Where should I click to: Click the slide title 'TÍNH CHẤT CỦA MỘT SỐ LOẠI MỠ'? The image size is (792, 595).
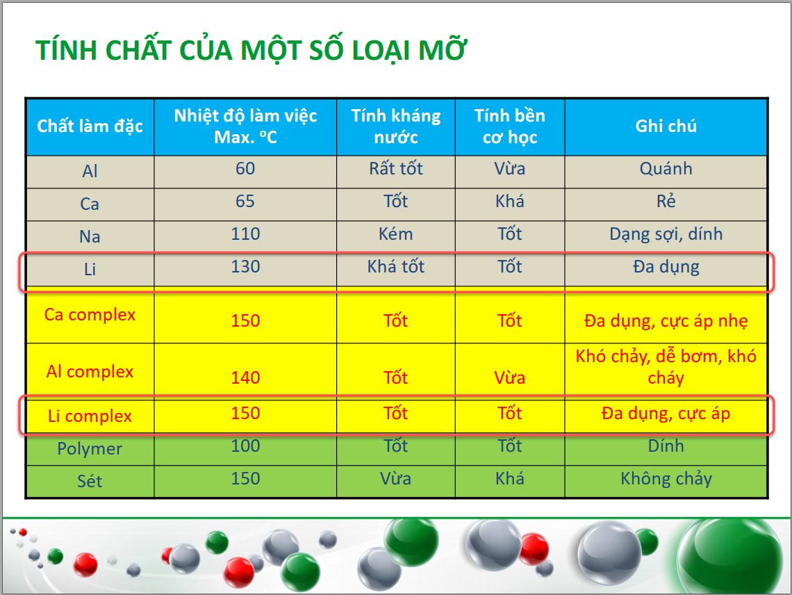[251, 50]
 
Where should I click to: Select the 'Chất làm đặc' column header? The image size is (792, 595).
[90, 126]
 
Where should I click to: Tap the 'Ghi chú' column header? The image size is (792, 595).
[666, 126]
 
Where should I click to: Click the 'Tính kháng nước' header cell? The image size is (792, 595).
[396, 127]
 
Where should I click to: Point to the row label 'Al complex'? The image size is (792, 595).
[90, 372]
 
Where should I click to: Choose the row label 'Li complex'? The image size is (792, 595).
[90, 416]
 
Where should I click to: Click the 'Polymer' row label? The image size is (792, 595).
[90, 449]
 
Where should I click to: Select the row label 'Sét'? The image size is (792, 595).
[90, 481]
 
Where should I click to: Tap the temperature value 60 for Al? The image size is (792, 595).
[245, 168]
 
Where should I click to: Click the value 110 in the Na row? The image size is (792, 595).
[245, 234]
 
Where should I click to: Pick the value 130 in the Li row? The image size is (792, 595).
[245, 266]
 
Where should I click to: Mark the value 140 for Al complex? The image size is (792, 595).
[245, 377]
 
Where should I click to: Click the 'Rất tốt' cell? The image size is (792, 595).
[396, 168]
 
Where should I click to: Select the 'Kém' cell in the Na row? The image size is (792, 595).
[396, 234]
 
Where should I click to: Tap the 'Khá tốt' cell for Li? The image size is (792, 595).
[396, 266]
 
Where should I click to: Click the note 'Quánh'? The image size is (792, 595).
[666, 168]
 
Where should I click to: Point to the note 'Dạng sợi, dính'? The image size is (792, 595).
[666, 234]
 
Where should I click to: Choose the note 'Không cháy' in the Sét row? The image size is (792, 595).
[666, 479]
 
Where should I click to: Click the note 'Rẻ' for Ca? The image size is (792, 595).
[666, 201]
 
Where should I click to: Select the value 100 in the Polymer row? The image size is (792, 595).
[245, 446]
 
